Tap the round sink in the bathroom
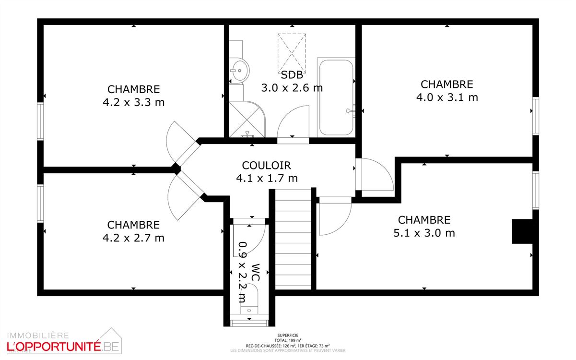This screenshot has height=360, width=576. coord(238,71)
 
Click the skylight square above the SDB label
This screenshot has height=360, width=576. coord(292,52)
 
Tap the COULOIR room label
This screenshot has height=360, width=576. coord(266,166)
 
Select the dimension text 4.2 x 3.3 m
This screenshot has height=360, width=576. coord(133,102)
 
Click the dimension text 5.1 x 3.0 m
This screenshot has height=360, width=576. coord(424,233)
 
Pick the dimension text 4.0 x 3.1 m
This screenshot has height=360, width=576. coord(447,97)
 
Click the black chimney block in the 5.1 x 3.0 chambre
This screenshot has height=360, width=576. coord(523,231)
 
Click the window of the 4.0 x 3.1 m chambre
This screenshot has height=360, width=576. coord(535,116)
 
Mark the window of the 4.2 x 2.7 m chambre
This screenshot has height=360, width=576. coord(41,204)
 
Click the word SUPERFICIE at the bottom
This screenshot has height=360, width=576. coord(288,336)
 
